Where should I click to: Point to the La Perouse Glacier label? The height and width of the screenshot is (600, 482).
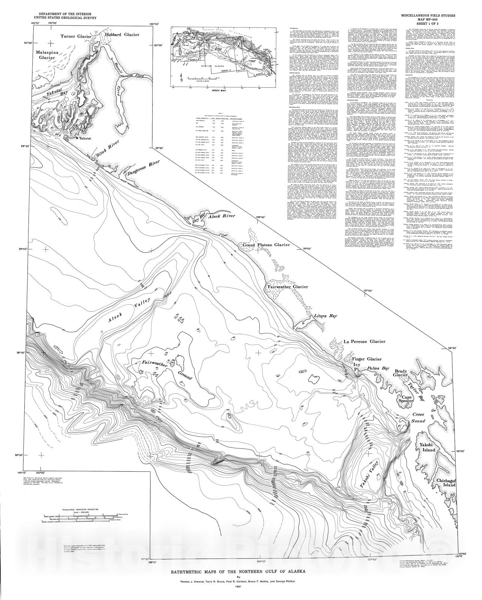pos(365,342)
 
